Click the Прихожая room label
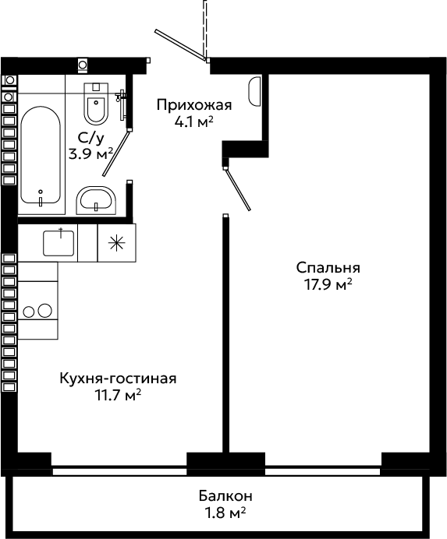tap(194, 105)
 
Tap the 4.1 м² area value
tap(194, 122)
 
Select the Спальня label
tap(328, 268)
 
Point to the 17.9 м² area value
tap(328, 284)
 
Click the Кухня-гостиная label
tap(118, 379)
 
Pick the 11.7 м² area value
tap(118, 395)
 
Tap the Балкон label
tap(225, 496)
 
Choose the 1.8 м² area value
tap(225, 513)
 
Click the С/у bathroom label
tap(91, 139)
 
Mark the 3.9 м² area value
tap(91, 154)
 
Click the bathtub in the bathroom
tap(41, 155)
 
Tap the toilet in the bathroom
tap(96, 103)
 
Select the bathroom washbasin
tap(96, 200)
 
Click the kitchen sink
tap(59, 243)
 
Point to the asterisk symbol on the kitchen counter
tap(116, 243)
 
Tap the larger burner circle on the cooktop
tap(44, 311)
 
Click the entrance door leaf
tap(180, 44)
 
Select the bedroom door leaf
tap(238, 189)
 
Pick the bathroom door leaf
tap(116, 153)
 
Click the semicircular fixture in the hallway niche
tap(254, 91)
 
